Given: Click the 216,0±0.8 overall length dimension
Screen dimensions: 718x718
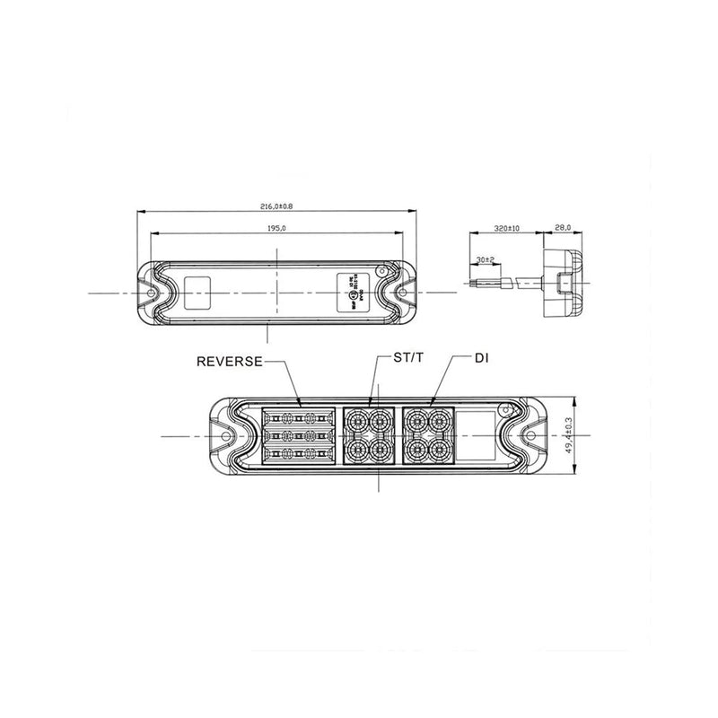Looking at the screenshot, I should [x=277, y=206].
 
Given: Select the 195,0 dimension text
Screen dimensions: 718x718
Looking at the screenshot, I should [x=277, y=229].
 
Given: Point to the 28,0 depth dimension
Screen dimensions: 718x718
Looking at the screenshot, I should [x=563, y=229].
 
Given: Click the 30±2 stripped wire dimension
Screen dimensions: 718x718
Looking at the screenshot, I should [x=486, y=260].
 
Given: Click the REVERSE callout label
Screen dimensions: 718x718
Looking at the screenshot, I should [x=230, y=362].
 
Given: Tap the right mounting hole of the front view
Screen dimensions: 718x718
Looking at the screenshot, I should [x=531, y=437].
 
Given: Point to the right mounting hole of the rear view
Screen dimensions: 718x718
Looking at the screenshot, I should [x=402, y=293].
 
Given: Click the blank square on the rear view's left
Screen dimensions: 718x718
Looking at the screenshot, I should [x=197, y=293].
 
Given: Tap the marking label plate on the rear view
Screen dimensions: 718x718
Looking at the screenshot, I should [x=349, y=293].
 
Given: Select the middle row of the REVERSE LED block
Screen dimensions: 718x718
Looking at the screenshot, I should [x=298, y=436].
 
